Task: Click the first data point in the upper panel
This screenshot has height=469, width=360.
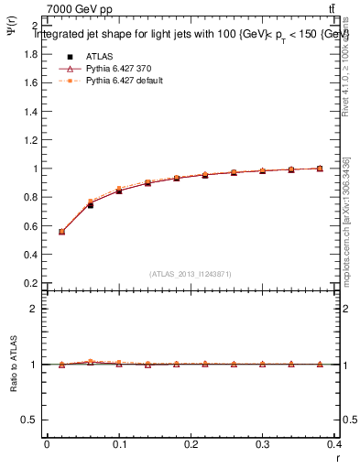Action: pos(61,232)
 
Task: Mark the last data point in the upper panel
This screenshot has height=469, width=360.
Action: pos(320,169)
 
